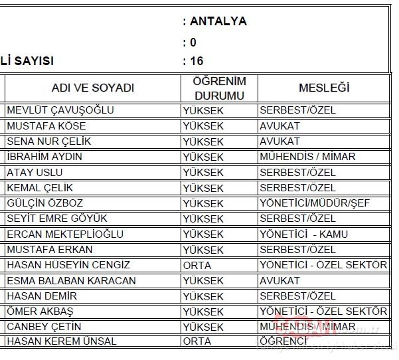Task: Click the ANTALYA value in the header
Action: pyautogui.click(x=218, y=21)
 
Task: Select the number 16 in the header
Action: pyautogui.click(x=197, y=61)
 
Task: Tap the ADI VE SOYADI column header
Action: pyautogui.click(x=93, y=88)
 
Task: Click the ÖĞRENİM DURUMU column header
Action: pyautogui.click(x=219, y=88)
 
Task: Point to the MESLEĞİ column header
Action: pyautogui.click(x=324, y=88)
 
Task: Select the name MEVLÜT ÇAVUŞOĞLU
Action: pyautogui.click(x=60, y=110)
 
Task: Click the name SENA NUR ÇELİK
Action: pyautogui.click(x=48, y=141)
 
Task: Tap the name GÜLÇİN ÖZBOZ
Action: pyautogui.click(x=45, y=203)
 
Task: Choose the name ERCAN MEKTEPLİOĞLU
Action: pyautogui.click(x=65, y=234)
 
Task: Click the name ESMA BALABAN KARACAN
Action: pyautogui.click(x=71, y=281)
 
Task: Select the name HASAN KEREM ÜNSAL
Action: pyautogui.click(x=62, y=341)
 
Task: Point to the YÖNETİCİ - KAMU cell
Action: pyautogui.click(x=304, y=234)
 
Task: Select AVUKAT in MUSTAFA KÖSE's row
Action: pyautogui.click(x=280, y=126)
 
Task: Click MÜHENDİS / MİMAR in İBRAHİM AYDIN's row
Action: pyautogui.click(x=308, y=157)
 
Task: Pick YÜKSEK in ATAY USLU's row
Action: pyautogui.click(x=203, y=173)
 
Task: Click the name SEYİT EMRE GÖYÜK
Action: pyautogui.click(x=57, y=219)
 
